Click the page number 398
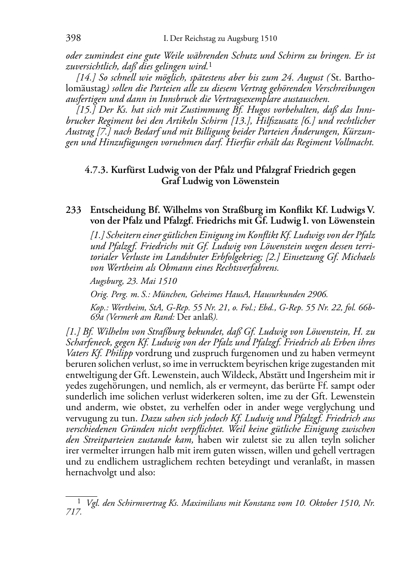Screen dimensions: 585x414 [73, 38]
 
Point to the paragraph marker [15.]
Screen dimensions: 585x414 [86, 110]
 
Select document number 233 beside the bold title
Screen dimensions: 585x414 [73, 210]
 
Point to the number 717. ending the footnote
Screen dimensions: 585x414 [74, 512]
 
